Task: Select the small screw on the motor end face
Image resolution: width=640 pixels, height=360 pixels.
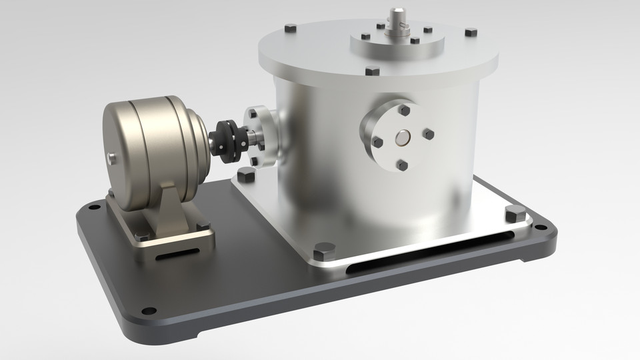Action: click(111, 158)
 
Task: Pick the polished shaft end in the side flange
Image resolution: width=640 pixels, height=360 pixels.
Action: click(403, 138)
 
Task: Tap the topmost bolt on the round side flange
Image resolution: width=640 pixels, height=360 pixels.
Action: click(404, 112)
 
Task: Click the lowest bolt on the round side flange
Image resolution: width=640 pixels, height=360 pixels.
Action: click(401, 164)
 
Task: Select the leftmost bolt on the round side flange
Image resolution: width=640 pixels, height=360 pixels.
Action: click(377, 142)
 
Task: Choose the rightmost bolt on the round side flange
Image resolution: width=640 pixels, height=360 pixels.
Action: click(428, 134)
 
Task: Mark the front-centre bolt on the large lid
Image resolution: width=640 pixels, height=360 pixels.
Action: click(372, 71)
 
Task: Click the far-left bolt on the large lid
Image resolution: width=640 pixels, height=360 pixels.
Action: click(290, 29)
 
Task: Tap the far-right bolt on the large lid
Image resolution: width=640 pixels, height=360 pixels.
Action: click(470, 32)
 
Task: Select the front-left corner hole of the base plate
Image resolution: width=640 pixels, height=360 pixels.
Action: click(149, 311)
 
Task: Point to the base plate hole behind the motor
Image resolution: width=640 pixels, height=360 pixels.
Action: click(94, 207)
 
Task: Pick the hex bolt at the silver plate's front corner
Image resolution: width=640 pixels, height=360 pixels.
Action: click(324, 251)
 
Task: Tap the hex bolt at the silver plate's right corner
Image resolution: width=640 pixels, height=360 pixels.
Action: click(515, 214)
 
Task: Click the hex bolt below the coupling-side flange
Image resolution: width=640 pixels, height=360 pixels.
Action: click(246, 175)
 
